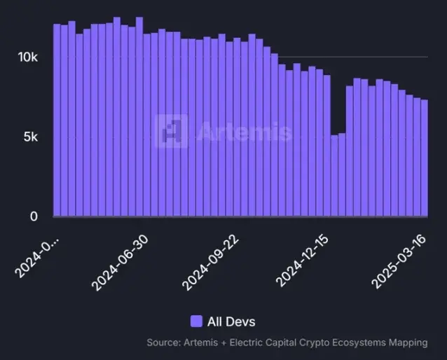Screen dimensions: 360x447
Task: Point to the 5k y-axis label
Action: pyautogui.click(x=31, y=137)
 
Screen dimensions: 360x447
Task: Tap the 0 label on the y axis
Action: pyautogui.click(x=33, y=216)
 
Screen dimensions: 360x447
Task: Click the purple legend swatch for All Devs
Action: pyautogui.click(x=196, y=321)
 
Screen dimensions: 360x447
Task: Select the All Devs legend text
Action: pyautogui.click(x=231, y=321)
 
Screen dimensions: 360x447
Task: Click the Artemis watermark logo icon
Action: pyautogui.click(x=171, y=131)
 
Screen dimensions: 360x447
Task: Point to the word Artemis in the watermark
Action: pyautogui.click(x=243, y=132)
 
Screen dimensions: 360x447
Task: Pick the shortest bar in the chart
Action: pyautogui.click(x=335, y=176)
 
